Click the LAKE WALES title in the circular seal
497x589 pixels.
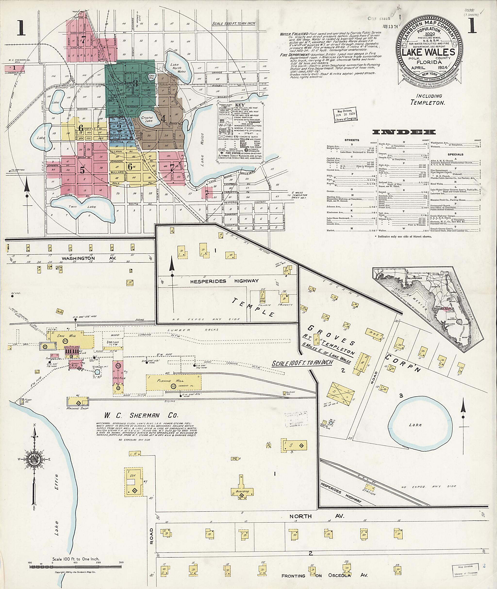428,52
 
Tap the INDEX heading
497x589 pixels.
404,132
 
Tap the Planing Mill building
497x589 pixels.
174,382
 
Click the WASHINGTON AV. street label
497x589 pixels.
79,258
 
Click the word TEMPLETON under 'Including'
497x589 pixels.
427,103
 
